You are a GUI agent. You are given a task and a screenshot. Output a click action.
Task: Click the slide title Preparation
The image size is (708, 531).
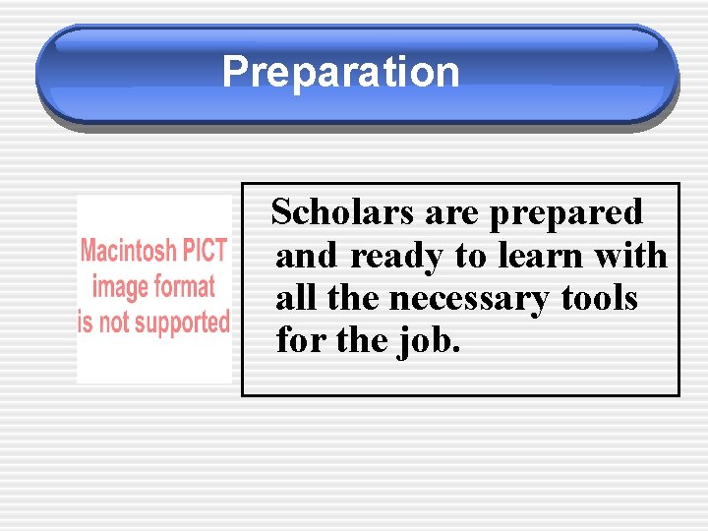pyautogui.click(x=340, y=73)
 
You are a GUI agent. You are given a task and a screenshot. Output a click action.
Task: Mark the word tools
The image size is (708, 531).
pyautogui.click(x=600, y=298)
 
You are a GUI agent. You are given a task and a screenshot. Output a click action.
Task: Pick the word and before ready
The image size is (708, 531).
pyautogui.click(x=308, y=257)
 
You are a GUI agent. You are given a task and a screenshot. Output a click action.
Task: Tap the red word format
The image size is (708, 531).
pyautogui.click(x=184, y=286)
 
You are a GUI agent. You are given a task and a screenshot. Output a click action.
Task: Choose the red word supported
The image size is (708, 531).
pyautogui.click(x=181, y=323)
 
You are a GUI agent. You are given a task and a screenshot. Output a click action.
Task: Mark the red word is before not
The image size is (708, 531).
pyautogui.click(x=86, y=322)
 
